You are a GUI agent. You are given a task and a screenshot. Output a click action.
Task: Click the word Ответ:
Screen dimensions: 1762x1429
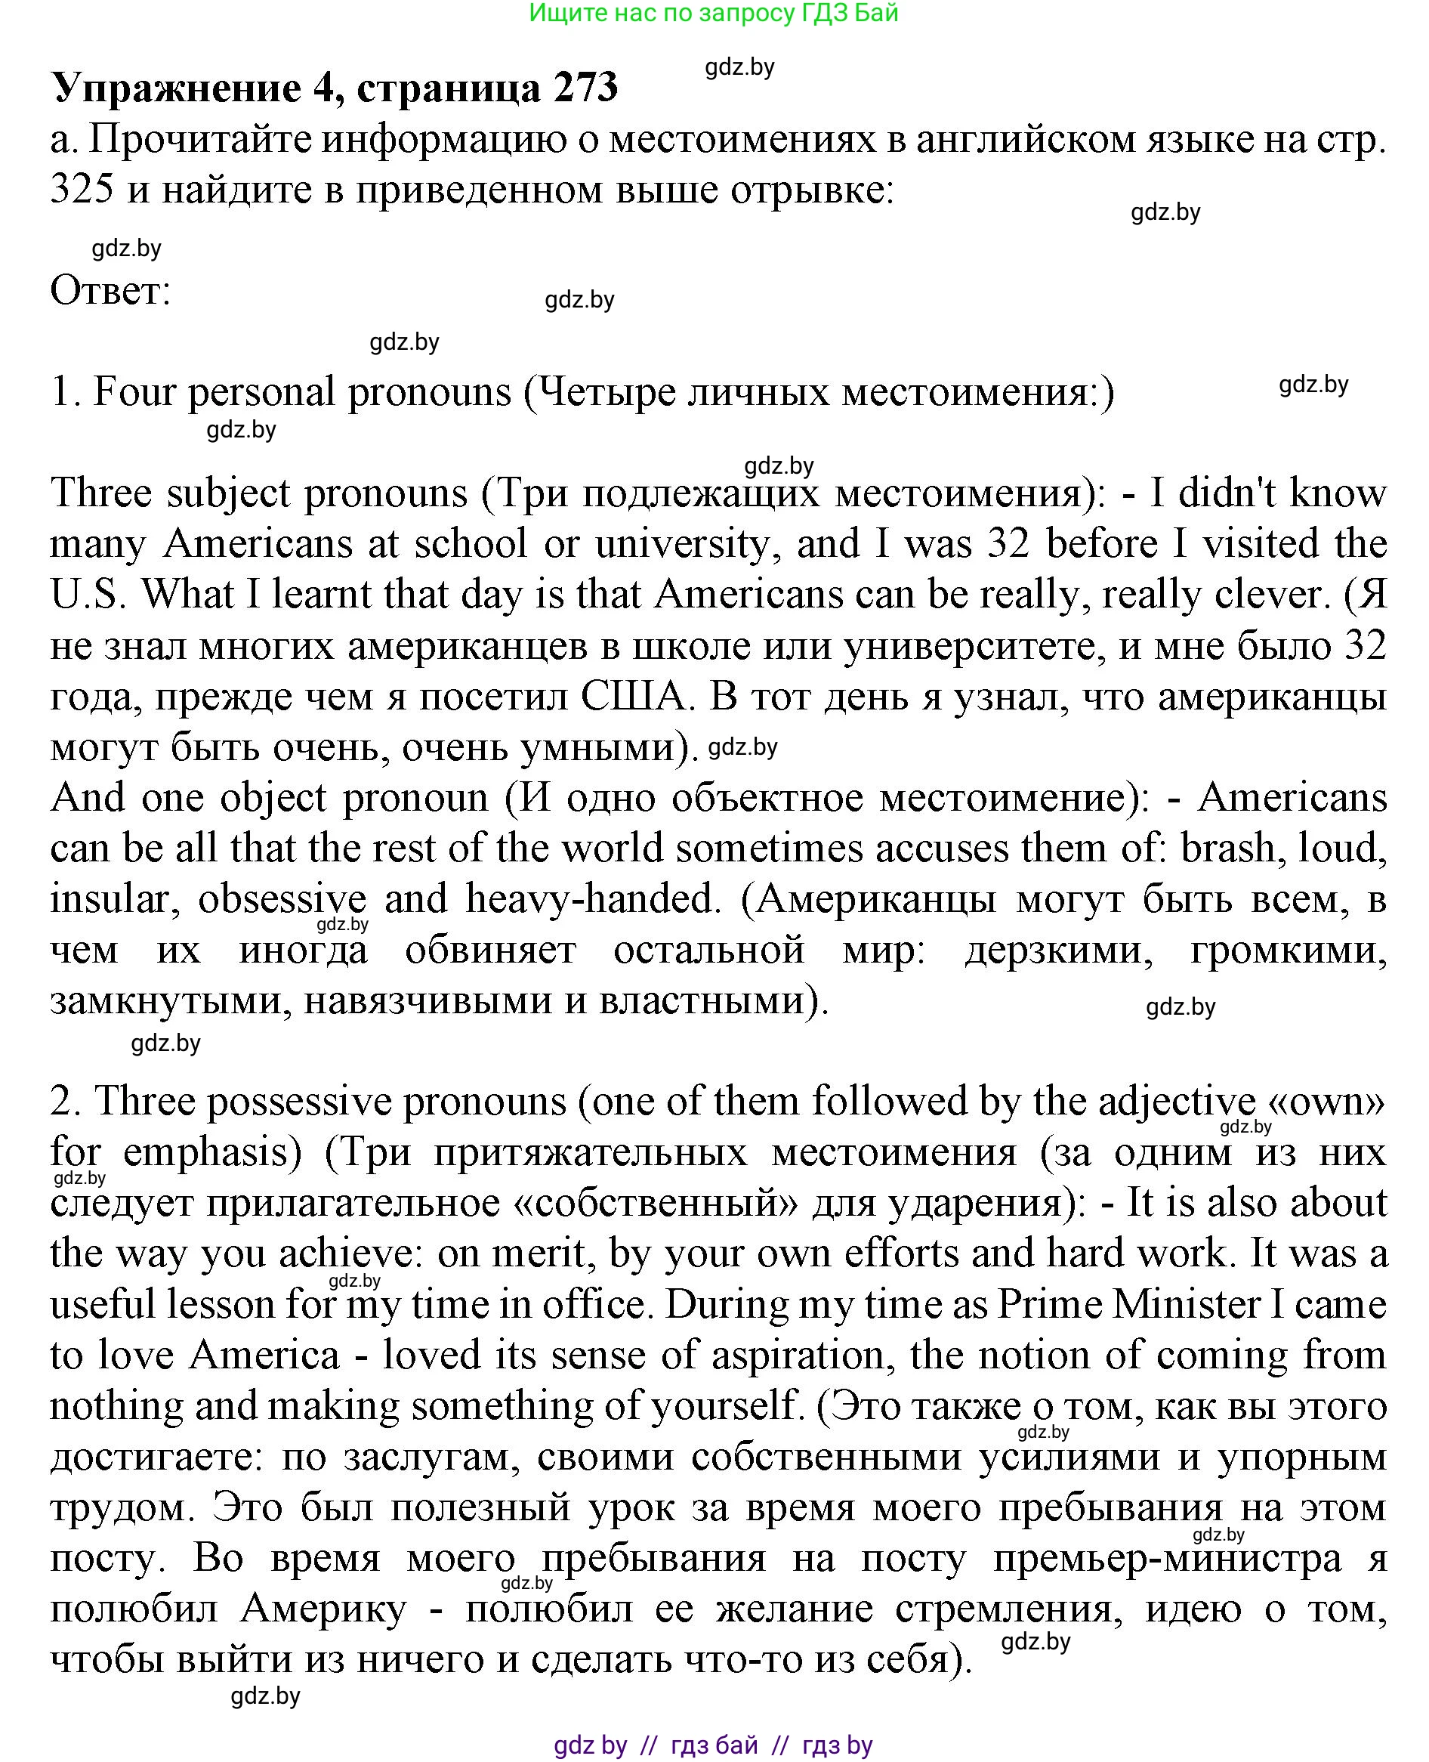coord(110,291)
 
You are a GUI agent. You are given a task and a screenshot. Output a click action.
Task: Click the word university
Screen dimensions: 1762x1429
coord(684,544)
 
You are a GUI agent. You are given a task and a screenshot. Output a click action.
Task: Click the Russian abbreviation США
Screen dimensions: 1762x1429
coord(633,697)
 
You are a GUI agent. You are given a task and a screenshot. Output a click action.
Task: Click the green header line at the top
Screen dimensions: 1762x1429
coord(714,13)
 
